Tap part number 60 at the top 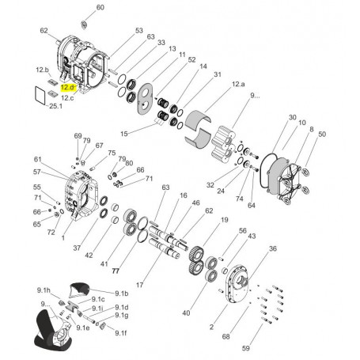(99, 7)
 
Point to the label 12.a (237, 83)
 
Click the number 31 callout (217, 74)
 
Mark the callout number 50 (321, 135)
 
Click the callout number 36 (272, 248)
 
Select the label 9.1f (120, 333)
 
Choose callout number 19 (224, 220)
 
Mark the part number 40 (187, 313)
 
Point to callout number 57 (36, 171)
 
